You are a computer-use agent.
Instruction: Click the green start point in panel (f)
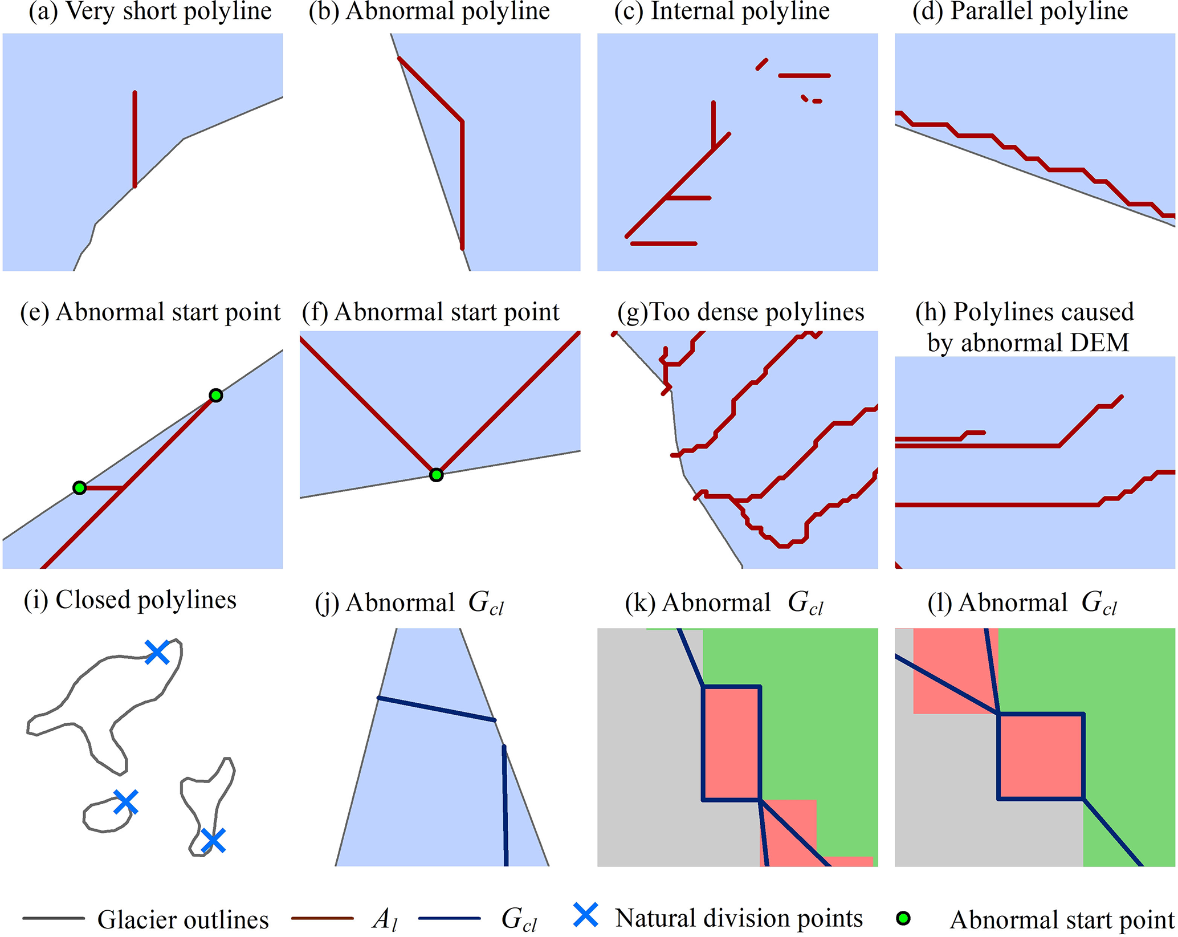pyautogui.click(x=436, y=475)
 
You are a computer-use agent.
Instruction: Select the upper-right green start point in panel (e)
pyautogui.click(x=215, y=395)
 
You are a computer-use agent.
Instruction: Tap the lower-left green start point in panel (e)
pyautogui.click(x=80, y=488)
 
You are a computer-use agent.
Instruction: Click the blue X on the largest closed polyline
pyautogui.click(x=157, y=652)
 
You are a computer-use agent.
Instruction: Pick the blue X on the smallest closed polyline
pyautogui.click(x=125, y=802)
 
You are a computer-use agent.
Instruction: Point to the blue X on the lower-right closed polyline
pyautogui.click(x=213, y=840)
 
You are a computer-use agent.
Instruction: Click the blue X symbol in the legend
pyautogui.click(x=585, y=915)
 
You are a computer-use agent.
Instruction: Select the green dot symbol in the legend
pyautogui.click(x=903, y=918)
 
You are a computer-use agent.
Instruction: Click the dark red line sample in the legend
pyautogui.click(x=322, y=918)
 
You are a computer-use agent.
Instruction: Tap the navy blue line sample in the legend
pyautogui.click(x=449, y=918)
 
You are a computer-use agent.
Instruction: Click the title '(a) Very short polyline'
pyautogui.click(x=150, y=11)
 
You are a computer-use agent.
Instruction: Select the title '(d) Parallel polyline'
pyautogui.click(x=1020, y=11)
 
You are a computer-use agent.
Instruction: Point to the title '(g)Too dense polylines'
pyautogui.click(x=741, y=312)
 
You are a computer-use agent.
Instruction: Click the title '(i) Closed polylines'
pyautogui.click(x=130, y=600)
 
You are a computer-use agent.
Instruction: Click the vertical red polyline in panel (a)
pyautogui.click(x=134, y=138)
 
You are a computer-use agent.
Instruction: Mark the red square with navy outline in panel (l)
pyautogui.click(x=1041, y=756)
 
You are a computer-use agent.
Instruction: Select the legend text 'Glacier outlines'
pyautogui.click(x=183, y=919)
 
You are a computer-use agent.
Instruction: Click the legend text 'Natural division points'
pyautogui.click(x=739, y=918)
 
